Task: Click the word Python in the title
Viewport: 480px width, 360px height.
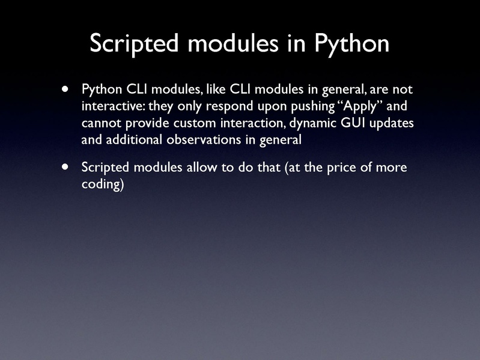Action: point(353,43)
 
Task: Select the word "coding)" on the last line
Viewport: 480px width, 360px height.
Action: point(102,184)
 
